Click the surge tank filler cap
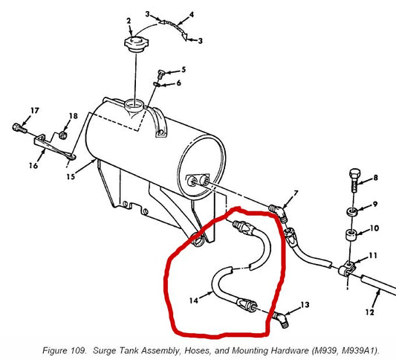pyautogui.click(x=137, y=43)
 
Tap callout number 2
pyautogui.click(x=129, y=21)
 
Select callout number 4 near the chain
pyautogui.click(x=192, y=15)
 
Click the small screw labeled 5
pyautogui.click(x=161, y=74)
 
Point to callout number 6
pyautogui.click(x=178, y=83)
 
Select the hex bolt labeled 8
pyautogui.click(x=355, y=180)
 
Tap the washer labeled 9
pyautogui.click(x=353, y=211)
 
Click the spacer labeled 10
pyautogui.click(x=351, y=235)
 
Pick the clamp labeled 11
pyautogui.click(x=346, y=269)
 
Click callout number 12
pyautogui.click(x=369, y=312)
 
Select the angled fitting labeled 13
pyautogui.click(x=281, y=320)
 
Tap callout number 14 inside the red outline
pyautogui.click(x=194, y=300)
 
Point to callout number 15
pyautogui.click(x=71, y=176)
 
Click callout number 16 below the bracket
pyautogui.click(x=33, y=166)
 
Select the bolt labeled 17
pyautogui.click(x=19, y=129)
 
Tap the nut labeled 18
pyautogui.click(x=62, y=135)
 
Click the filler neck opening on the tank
pyautogui.click(x=134, y=104)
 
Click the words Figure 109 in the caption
pyautogui.click(x=64, y=350)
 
